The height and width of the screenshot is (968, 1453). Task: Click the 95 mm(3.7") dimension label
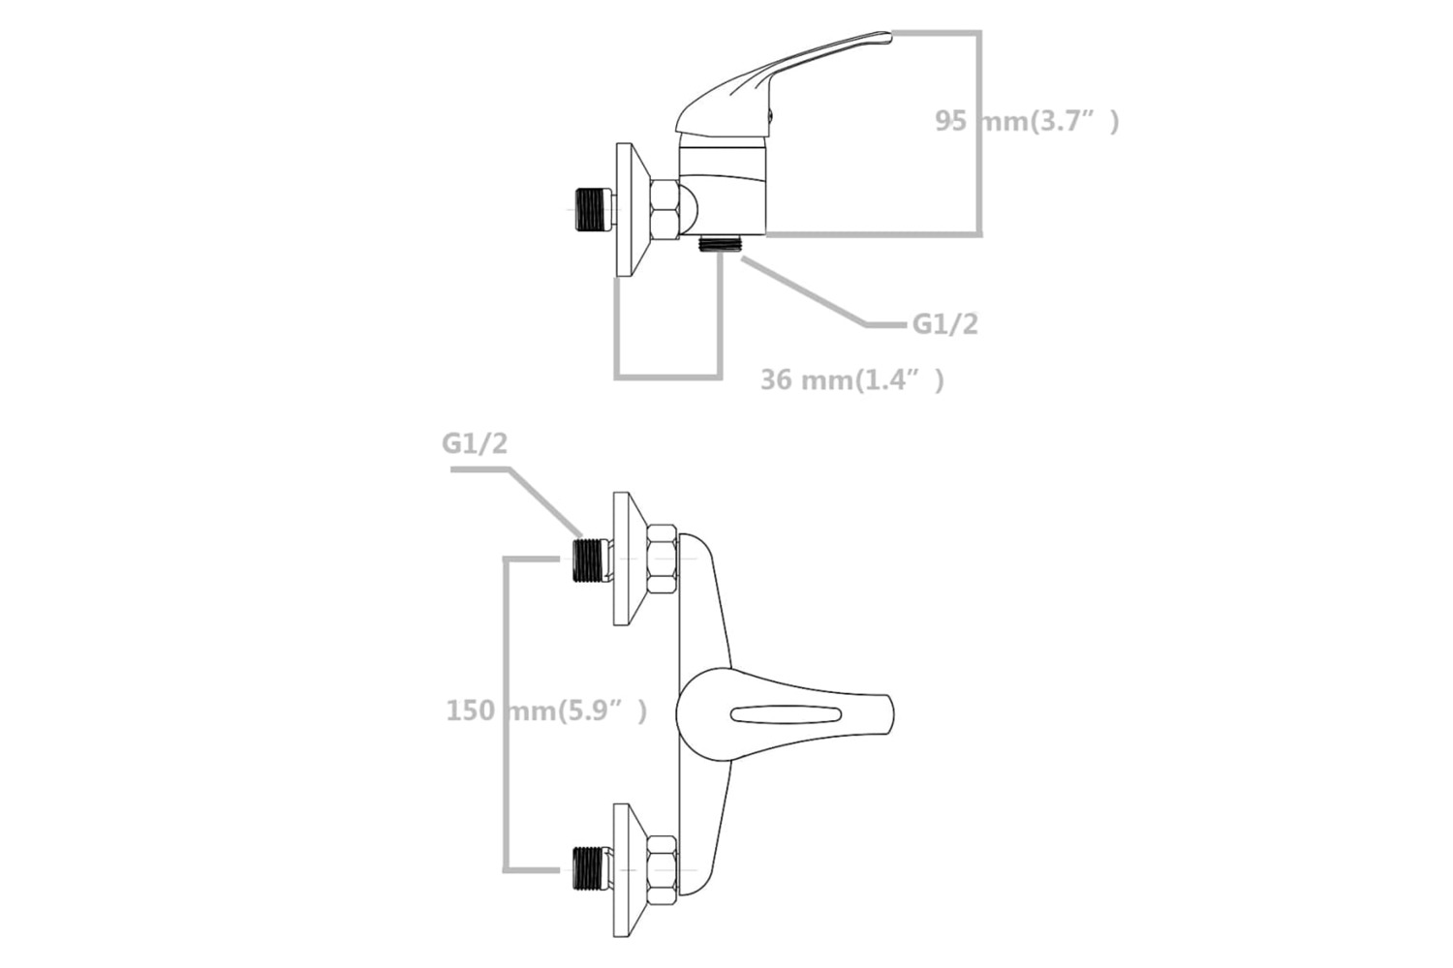(1027, 121)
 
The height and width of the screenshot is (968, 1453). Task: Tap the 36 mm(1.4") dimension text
(852, 379)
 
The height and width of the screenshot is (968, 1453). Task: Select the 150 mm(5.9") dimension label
(546, 711)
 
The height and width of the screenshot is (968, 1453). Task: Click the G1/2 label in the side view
(945, 324)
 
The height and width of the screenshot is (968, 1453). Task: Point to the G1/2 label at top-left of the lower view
(475, 443)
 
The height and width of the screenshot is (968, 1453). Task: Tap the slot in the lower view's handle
(787, 715)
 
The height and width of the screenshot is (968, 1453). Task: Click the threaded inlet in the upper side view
(592, 209)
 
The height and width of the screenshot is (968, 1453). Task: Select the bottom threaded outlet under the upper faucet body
(720, 244)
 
